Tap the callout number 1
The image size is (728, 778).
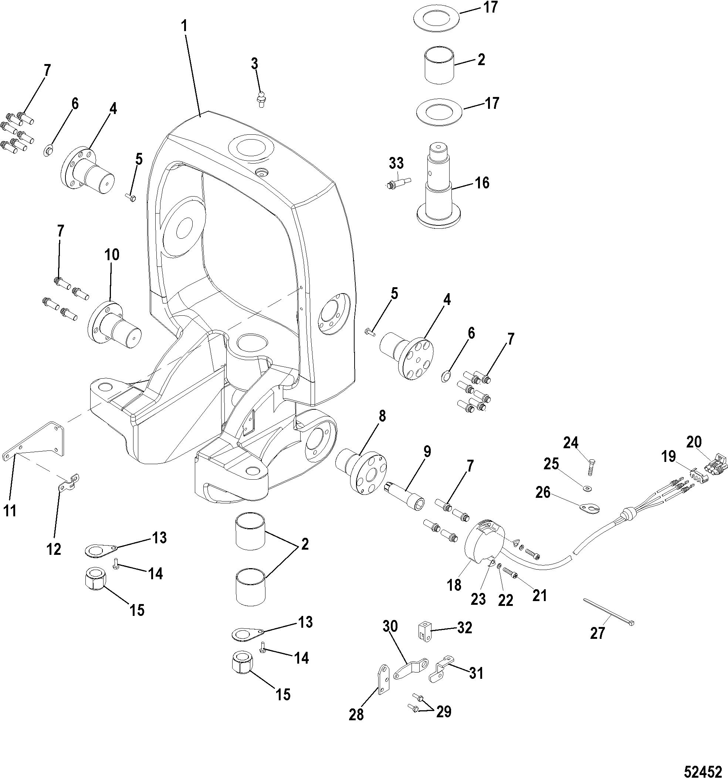click(184, 27)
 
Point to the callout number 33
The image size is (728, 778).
click(396, 163)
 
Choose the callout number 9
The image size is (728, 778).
click(427, 452)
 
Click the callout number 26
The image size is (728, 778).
click(544, 492)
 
